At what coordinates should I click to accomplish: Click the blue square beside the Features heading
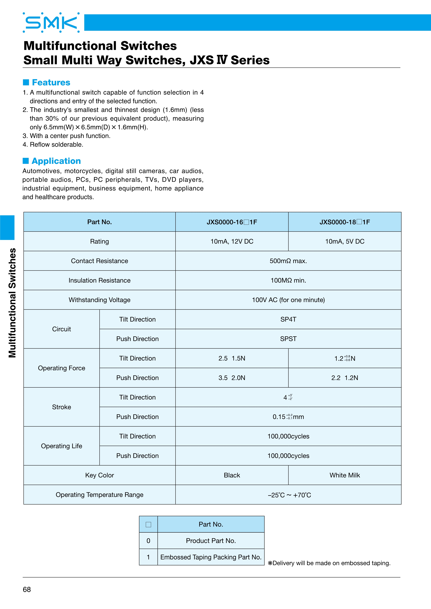click(26, 82)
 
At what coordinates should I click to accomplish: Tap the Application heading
click(56, 161)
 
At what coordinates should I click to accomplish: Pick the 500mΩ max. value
click(288, 261)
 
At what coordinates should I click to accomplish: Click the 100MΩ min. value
click(288, 280)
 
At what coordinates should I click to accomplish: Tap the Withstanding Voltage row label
click(100, 300)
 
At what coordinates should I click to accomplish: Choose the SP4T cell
click(288, 319)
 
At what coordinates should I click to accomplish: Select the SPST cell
click(288, 339)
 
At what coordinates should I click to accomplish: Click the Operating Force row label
click(62, 368)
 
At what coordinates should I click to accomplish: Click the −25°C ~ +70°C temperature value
click(289, 495)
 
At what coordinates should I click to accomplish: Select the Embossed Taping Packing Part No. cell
click(211, 557)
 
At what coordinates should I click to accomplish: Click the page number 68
click(27, 589)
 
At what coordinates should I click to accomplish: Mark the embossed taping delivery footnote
click(329, 563)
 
